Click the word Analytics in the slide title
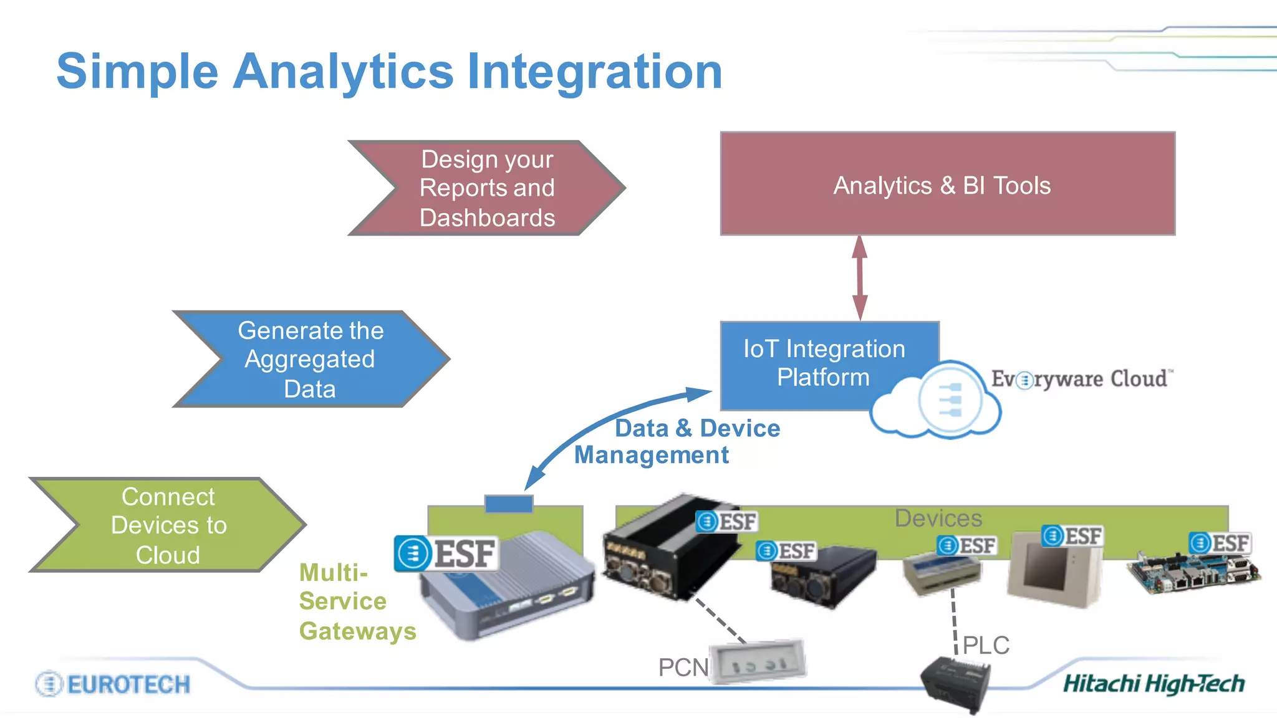343,72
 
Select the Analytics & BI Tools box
947,184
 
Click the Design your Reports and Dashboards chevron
486,188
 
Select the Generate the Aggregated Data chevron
311,359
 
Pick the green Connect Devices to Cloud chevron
167,525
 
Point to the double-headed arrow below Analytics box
860,278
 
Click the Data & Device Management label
677,441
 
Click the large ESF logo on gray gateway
446,553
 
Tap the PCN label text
683,668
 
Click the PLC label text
986,645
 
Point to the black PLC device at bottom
956,684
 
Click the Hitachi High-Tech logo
1154,684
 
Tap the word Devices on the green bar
938,519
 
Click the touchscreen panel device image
1054,568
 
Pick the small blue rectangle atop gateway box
509,504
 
